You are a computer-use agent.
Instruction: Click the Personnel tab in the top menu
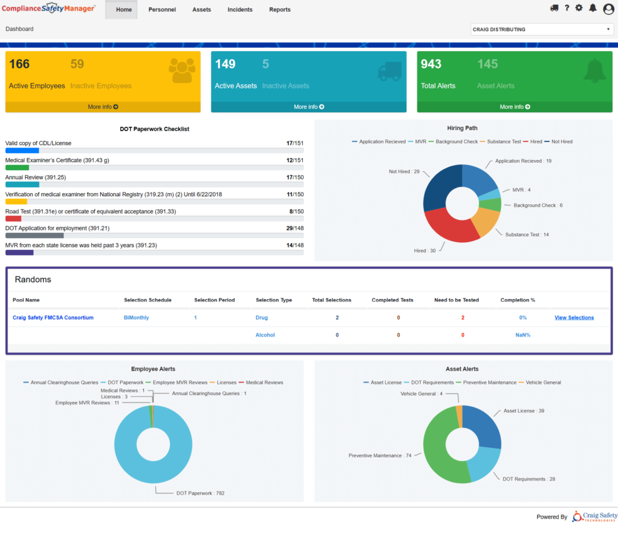(162, 10)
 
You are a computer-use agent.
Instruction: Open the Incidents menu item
(240, 10)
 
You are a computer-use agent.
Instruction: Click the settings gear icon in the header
(579, 8)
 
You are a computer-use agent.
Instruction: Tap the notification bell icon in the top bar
(592, 8)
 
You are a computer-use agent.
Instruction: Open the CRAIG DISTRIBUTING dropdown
(542, 29)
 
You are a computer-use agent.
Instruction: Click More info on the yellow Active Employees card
(103, 107)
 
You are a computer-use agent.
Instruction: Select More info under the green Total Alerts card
(515, 107)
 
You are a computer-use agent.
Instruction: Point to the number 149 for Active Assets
(225, 64)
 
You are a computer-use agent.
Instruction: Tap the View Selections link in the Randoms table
(574, 318)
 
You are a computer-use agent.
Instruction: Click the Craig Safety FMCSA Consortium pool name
(53, 318)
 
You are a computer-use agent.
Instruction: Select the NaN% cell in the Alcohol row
(522, 335)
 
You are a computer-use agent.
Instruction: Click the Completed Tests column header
(392, 300)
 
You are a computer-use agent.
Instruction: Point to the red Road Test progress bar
(13, 219)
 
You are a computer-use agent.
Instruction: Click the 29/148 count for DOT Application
(295, 229)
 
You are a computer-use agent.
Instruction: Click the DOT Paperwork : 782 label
(200, 493)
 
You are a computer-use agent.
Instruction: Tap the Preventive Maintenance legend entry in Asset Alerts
(489, 383)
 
